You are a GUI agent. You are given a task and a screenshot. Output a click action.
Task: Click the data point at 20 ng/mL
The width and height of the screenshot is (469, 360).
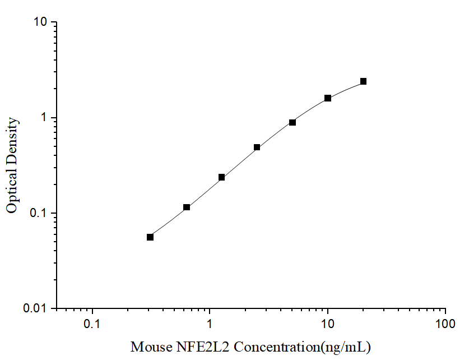tap(363, 81)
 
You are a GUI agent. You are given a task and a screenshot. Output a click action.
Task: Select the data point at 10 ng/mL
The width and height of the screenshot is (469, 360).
tap(328, 98)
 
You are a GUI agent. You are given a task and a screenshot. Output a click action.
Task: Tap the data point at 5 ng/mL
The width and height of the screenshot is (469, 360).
tap(292, 122)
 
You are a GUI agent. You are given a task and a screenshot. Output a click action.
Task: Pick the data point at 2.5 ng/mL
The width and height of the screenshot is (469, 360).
tap(257, 147)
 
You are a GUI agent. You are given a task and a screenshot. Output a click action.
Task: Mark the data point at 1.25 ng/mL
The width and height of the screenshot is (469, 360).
tap(221, 177)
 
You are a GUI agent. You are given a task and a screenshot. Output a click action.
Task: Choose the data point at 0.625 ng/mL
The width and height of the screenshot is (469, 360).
tap(187, 207)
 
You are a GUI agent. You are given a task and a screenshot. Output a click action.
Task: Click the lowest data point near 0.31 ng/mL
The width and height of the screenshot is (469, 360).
tap(150, 237)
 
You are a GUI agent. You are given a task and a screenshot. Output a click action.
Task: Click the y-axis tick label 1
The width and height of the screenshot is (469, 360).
tap(45, 118)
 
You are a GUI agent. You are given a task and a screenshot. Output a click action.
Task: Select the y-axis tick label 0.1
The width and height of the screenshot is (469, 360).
tap(39, 214)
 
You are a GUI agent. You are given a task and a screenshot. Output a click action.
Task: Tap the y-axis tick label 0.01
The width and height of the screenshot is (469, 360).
tap(36, 309)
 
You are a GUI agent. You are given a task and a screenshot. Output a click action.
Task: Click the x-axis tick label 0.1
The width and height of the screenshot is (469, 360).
tap(92, 325)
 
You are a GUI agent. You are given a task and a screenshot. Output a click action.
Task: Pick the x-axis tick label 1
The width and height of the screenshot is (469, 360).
tap(210, 325)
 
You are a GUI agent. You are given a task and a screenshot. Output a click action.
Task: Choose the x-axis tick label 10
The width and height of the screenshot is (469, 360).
tap(328, 325)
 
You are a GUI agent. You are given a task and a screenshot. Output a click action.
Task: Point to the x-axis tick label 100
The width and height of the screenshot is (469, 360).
tap(445, 325)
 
